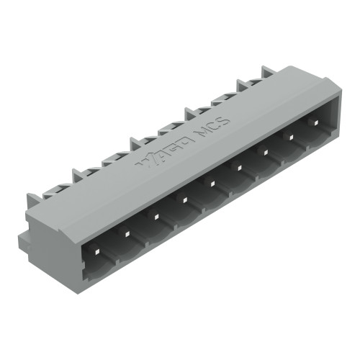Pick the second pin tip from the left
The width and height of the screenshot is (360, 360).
(x=126, y=233)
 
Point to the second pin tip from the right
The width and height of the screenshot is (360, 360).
(x=290, y=135)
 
